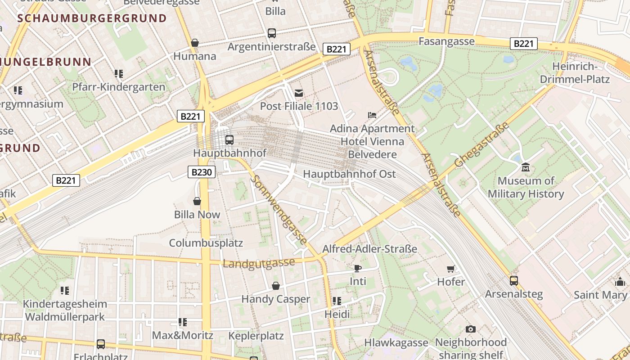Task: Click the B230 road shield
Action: pyautogui.click(x=202, y=172)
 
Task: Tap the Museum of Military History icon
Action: pyautogui.click(x=525, y=168)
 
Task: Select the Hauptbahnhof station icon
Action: pyautogui.click(x=229, y=139)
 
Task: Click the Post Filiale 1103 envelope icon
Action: pyautogui.click(x=298, y=93)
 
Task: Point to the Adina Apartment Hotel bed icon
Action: pyautogui.click(x=372, y=115)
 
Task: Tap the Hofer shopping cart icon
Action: pyautogui.click(x=450, y=269)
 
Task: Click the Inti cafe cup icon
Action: pyautogui.click(x=358, y=268)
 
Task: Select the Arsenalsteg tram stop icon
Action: pyautogui.click(x=513, y=281)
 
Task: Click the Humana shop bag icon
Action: pyautogui.click(x=195, y=43)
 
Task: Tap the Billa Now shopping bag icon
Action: pyautogui.click(x=197, y=201)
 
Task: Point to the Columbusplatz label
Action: pyautogui.click(x=206, y=243)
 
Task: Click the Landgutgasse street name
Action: pyautogui.click(x=259, y=263)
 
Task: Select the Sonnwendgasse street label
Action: pyautogui.click(x=279, y=209)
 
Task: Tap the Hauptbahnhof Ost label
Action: pyautogui.click(x=349, y=174)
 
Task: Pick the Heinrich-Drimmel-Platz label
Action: pyautogui.click(x=580, y=73)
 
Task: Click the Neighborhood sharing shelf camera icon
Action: pyautogui.click(x=470, y=329)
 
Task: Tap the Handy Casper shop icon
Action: pyautogui.click(x=276, y=286)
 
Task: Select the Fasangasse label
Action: pyautogui.click(x=446, y=41)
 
